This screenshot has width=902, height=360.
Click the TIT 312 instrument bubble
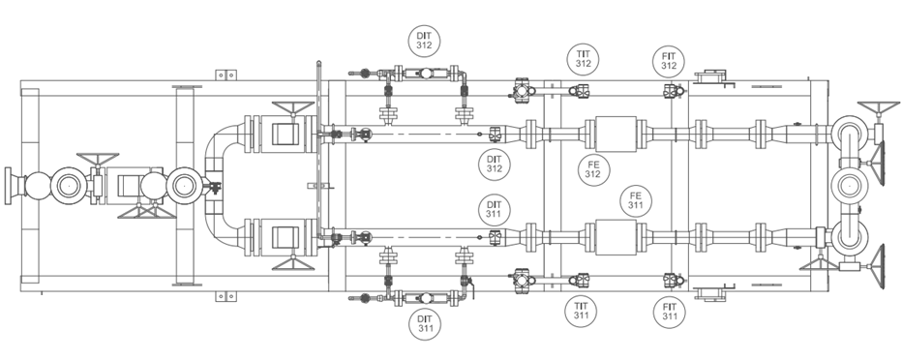coord(583,59)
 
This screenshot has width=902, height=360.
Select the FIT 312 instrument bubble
coord(669,62)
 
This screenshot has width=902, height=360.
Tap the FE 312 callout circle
coord(592,169)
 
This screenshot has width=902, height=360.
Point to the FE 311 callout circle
coord(635,201)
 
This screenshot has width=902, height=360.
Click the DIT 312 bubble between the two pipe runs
coord(495,164)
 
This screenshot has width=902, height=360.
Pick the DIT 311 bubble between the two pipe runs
coord(495,209)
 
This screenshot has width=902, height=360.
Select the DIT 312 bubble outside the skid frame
coord(424,41)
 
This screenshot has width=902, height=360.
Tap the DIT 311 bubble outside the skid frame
coord(425,324)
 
